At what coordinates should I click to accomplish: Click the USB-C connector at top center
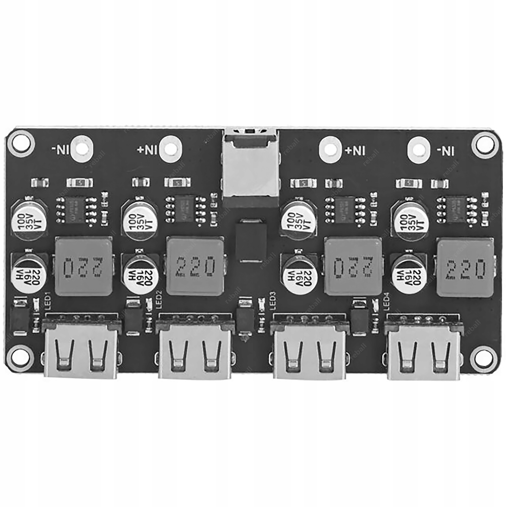tap(251, 168)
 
